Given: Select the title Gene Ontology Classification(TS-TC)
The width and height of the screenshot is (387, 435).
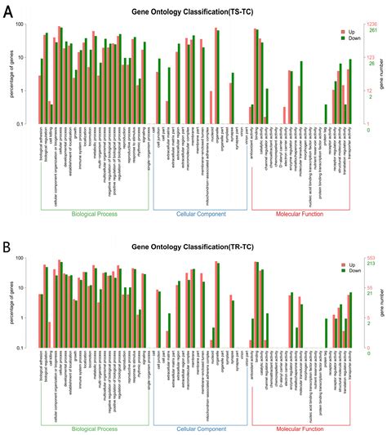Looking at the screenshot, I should coord(193,13).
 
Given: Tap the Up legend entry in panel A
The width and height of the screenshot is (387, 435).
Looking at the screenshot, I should coord(348,30).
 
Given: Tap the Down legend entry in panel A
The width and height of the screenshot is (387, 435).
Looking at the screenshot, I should coord(350,38).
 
